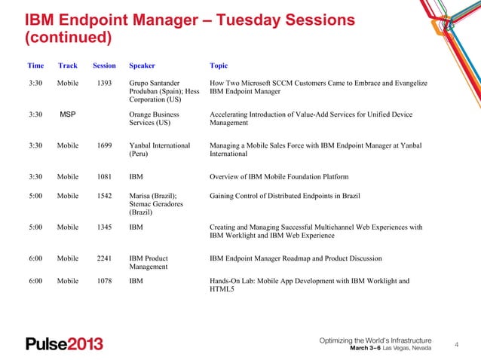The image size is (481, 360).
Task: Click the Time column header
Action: [35, 66]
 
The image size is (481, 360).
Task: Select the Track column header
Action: [68, 66]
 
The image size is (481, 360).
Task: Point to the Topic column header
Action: [219, 66]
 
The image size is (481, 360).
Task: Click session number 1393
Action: [104, 82]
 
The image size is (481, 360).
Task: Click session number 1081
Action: [104, 177]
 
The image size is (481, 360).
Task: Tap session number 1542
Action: [104, 196]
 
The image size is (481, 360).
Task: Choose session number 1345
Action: [104, 227]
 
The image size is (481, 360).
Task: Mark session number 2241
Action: [104, 258]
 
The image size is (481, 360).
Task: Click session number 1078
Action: [104, 281]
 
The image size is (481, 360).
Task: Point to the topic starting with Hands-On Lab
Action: [309, 285]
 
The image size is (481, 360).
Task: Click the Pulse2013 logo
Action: [64, 344]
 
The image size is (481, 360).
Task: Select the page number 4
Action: [455, 345]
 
